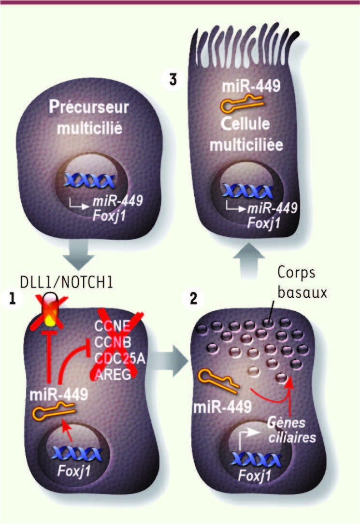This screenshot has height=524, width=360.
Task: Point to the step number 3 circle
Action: pyautogui.click(x=173, y=80)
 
